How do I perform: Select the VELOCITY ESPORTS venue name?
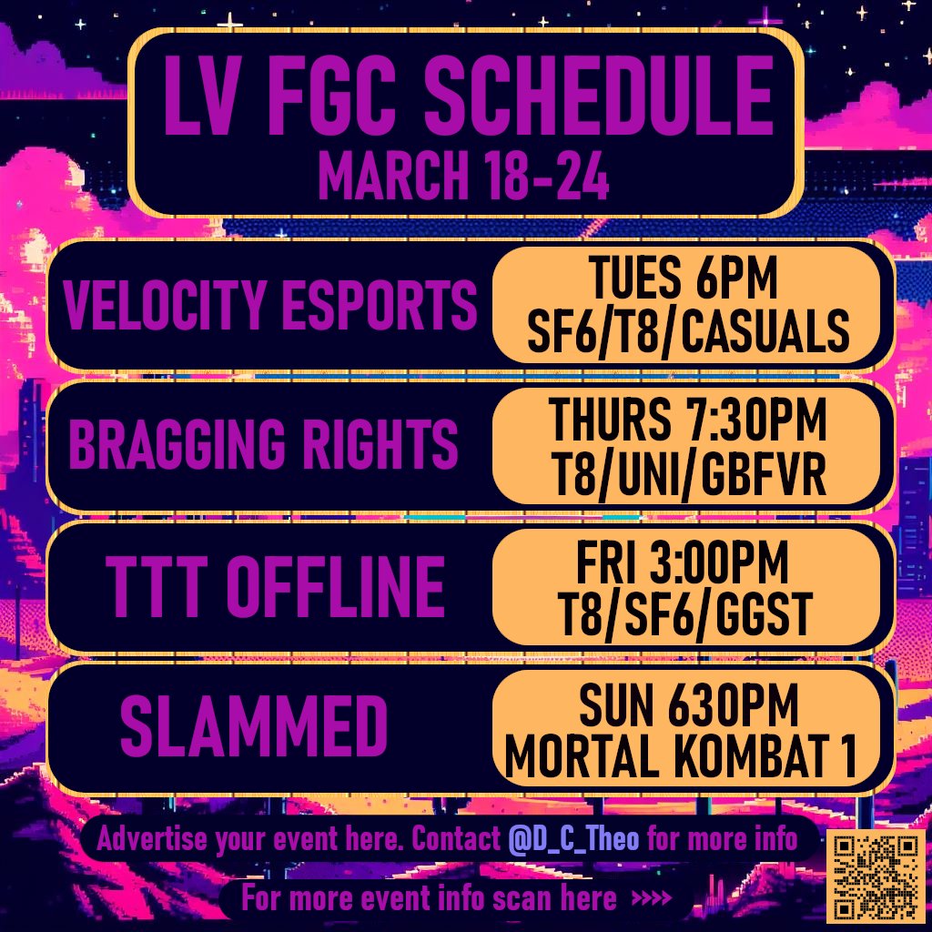pos(270,305)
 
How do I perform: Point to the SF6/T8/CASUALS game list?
pos(688,332)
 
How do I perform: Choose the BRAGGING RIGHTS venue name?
pos(264,445)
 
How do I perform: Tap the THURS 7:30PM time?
pos(688,421)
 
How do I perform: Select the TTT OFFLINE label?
pos(275,586)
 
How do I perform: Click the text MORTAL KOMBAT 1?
pos(683,756)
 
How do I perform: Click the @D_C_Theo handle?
pos(573,838)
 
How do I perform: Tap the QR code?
pos(874,875)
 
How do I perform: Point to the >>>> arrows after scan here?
pos(651,900)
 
